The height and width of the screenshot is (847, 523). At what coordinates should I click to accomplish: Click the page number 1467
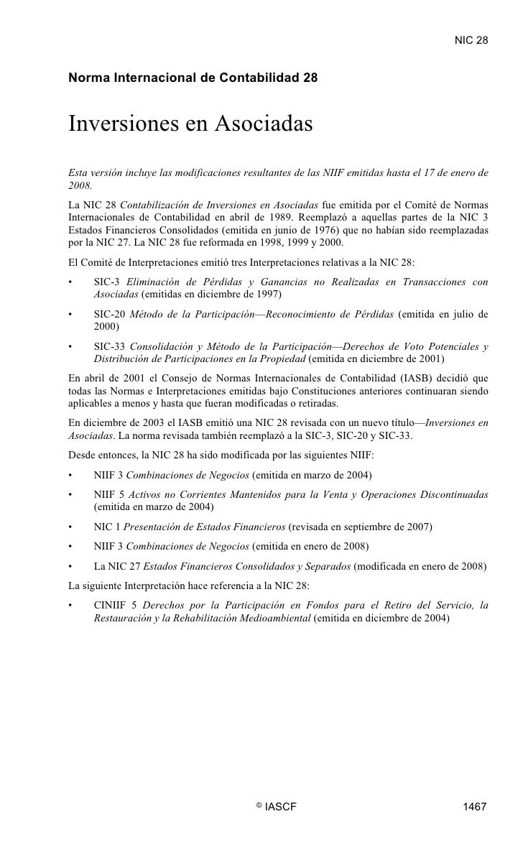click(x=475, y=807)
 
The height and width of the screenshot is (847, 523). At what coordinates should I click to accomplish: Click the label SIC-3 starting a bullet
click(x=108, y=282)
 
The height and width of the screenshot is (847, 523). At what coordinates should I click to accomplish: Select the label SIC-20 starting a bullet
click(x=111, y=314)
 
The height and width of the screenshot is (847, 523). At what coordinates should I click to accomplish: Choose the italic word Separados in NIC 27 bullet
click(x=328, y=565)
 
